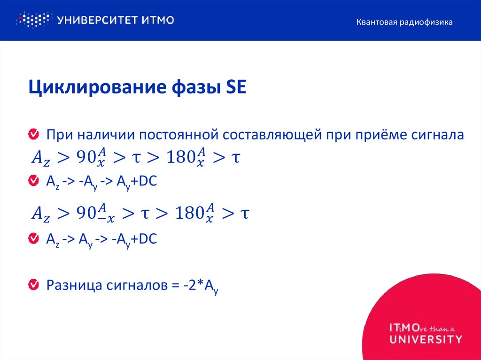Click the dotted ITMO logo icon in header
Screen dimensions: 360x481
click(x=33, y=20)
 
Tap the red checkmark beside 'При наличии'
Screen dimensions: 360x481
click(x=34, y=135)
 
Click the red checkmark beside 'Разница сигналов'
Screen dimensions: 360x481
click(x=34, y=284)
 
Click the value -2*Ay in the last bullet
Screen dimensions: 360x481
click(x=199, y=286)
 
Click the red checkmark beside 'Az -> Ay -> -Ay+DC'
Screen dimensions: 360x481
click(x=34, y=239)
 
